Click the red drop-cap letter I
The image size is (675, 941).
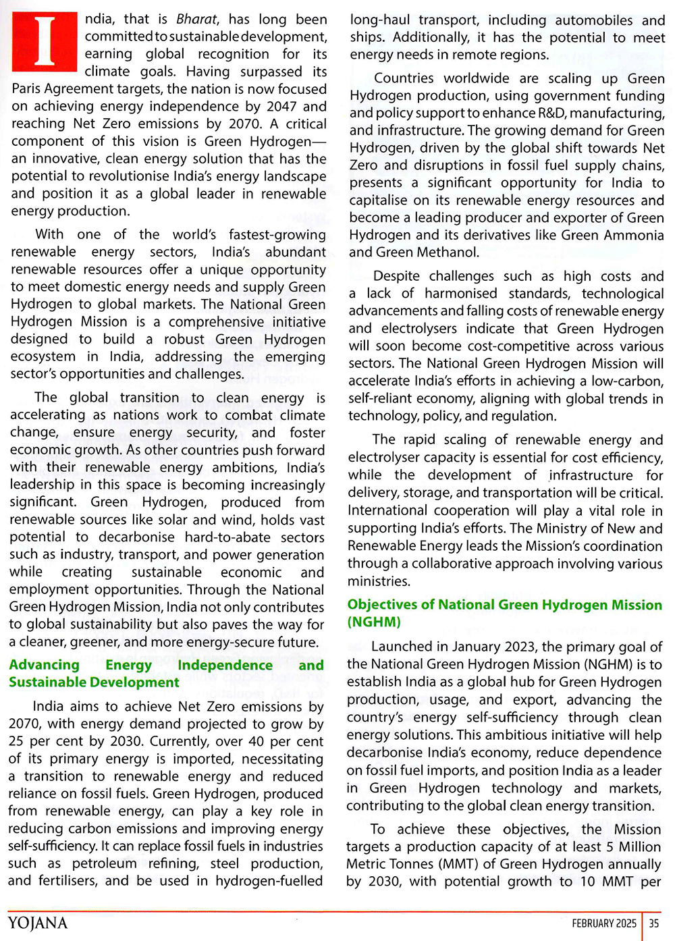(45, 42)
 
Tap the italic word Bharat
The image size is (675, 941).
(197, 19)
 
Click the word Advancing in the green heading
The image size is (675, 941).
(44, 665)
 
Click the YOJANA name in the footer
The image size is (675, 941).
(38, 923)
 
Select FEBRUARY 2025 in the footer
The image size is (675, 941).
(603, 923)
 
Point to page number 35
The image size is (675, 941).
(653, 923)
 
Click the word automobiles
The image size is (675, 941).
(590, 20)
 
